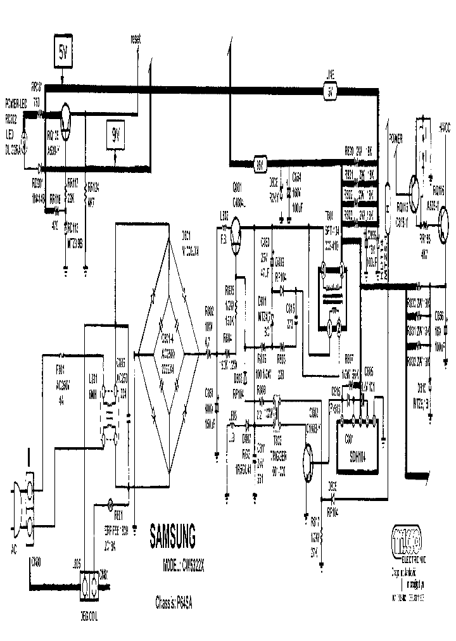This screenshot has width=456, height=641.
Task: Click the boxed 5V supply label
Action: [x=62, y=54]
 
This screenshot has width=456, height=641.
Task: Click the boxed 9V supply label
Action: [x=116, y=134]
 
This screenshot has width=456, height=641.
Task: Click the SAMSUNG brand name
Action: [x=172, y=537]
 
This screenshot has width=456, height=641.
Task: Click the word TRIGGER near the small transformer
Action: [x=279, y=454]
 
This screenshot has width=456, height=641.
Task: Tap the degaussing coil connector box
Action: [x=88, y=589]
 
